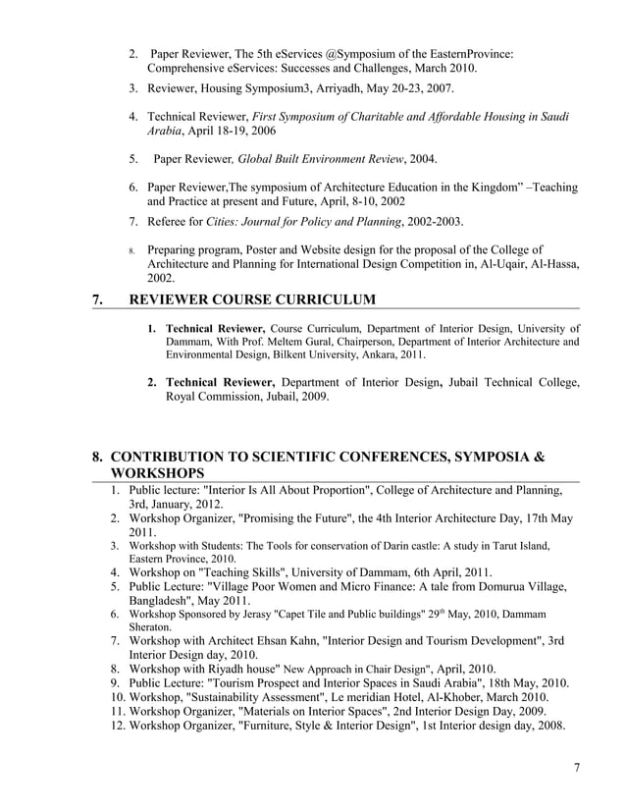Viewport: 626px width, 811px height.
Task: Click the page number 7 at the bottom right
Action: point(576,767)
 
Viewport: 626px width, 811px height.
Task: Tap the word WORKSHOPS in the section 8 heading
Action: point(160,473)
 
